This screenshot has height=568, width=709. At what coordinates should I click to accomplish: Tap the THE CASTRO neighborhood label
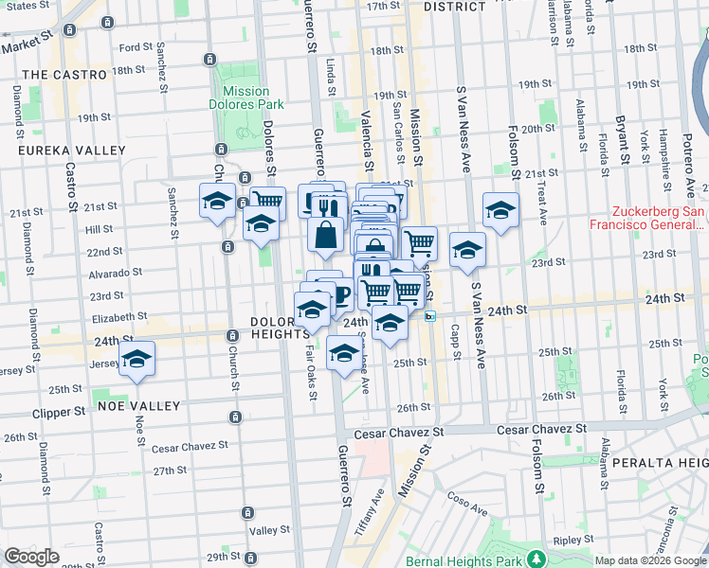64,74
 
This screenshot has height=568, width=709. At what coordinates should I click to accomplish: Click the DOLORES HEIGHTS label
281,328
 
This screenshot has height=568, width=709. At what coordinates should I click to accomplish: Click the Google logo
31,557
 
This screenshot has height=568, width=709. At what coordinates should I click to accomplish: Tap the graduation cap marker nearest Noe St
137,358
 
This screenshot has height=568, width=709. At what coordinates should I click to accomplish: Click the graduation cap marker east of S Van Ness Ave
500,209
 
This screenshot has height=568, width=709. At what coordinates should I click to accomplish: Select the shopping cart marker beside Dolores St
268,202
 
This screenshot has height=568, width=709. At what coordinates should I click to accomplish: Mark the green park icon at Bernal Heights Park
536,558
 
